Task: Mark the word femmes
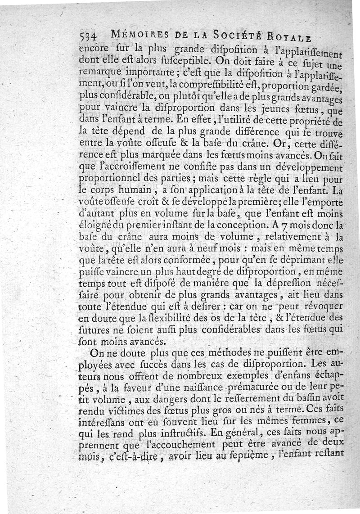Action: [320, 424]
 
